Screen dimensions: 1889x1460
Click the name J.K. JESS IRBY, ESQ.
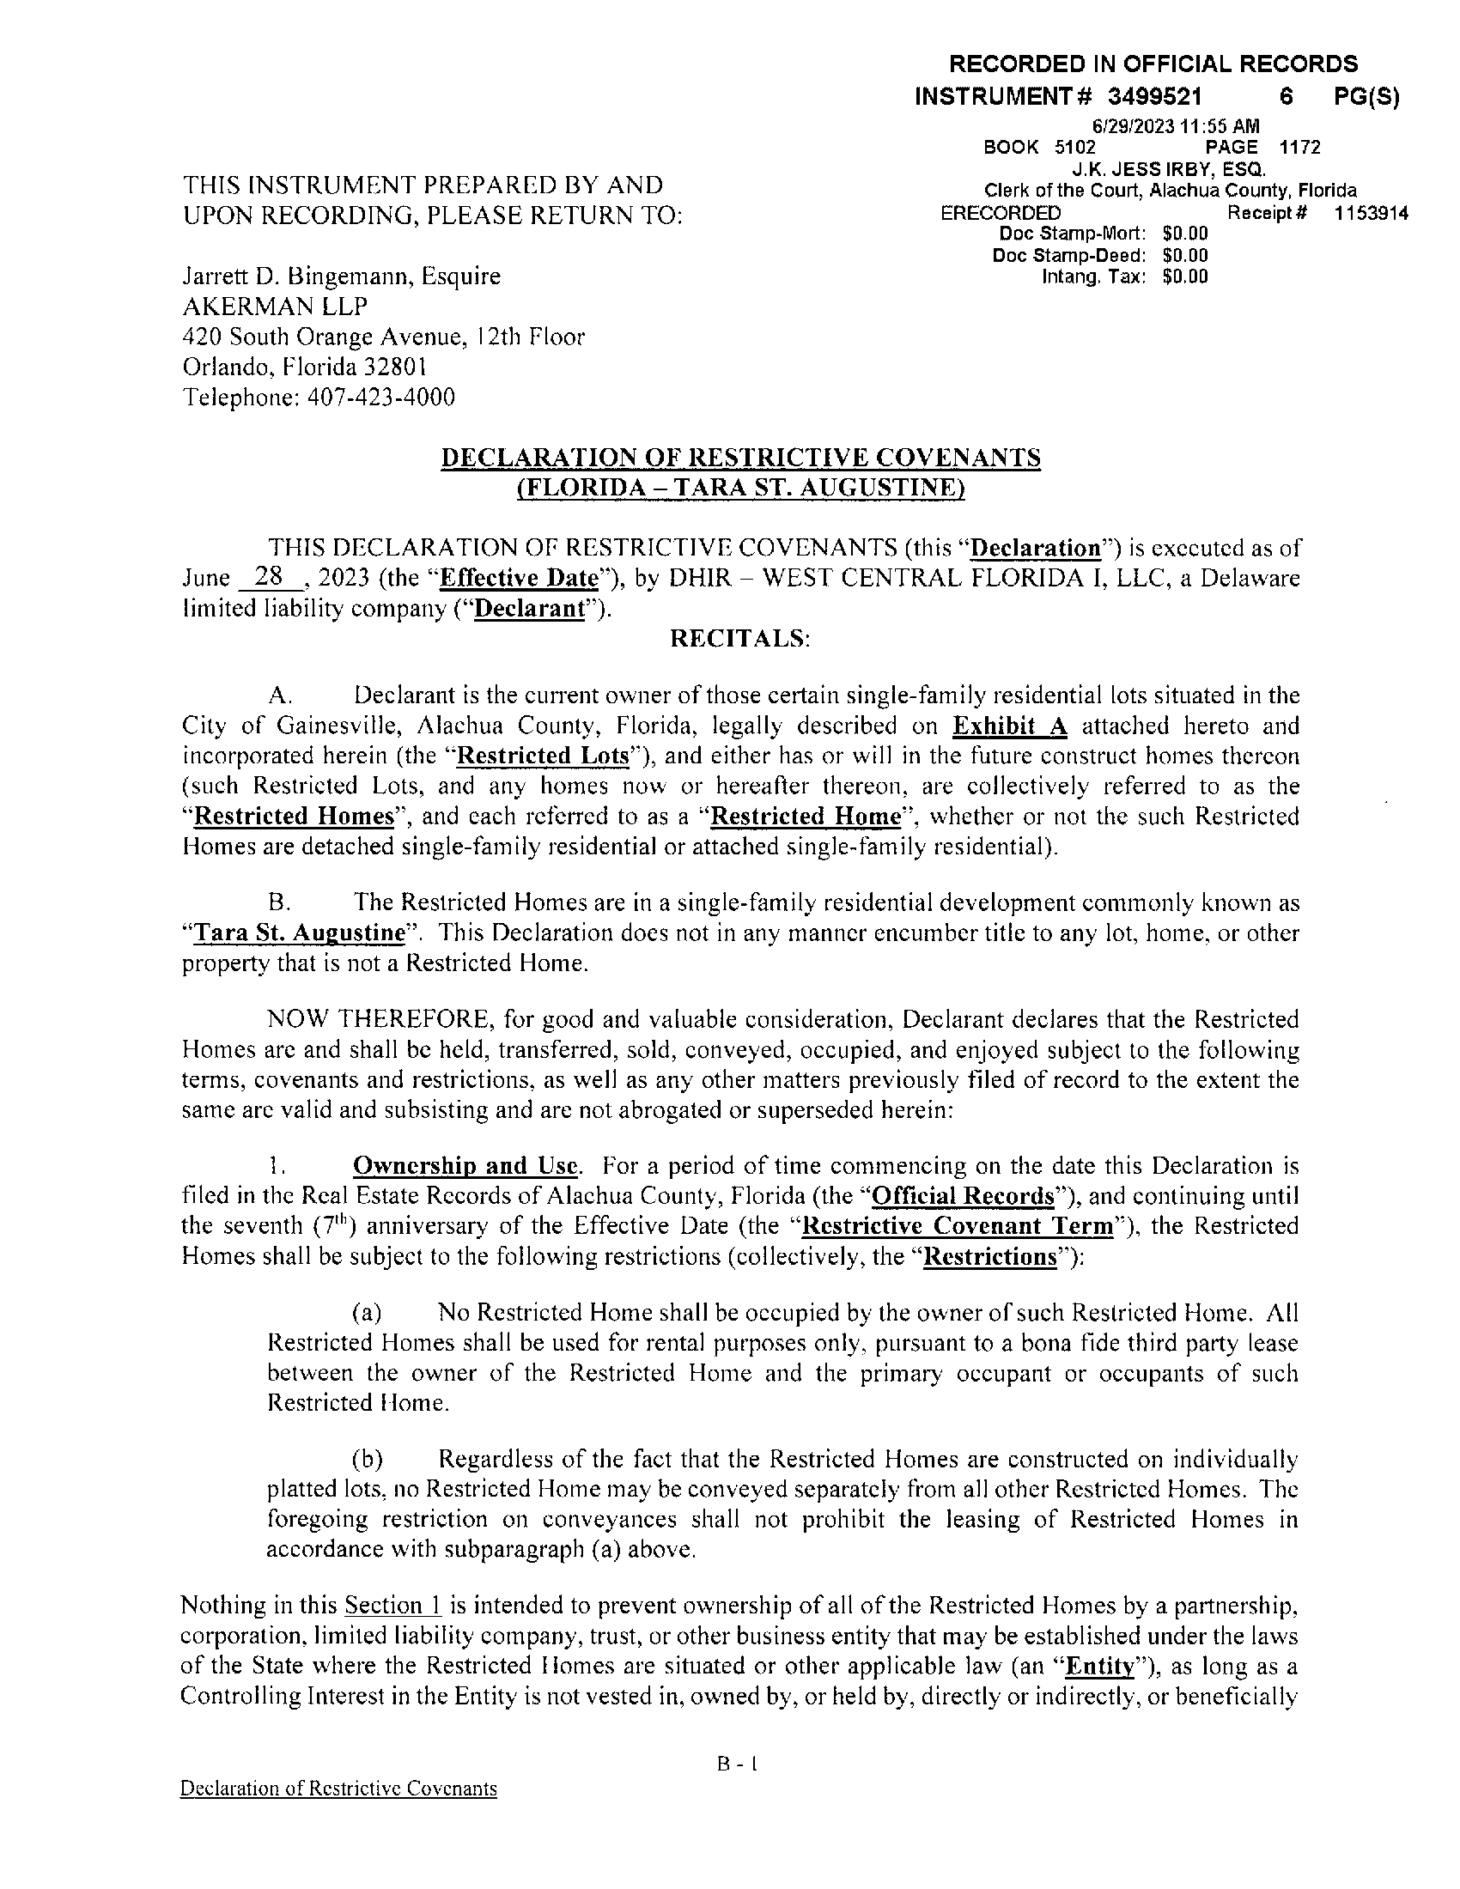1170,168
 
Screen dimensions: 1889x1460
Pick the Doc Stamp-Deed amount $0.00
1185,255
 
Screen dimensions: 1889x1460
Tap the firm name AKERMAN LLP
274,307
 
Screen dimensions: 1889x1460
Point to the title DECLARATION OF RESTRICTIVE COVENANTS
740,458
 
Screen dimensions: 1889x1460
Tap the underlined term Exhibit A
1009,726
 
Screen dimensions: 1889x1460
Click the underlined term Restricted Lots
542,756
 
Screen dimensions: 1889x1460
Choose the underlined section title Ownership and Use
465,1165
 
